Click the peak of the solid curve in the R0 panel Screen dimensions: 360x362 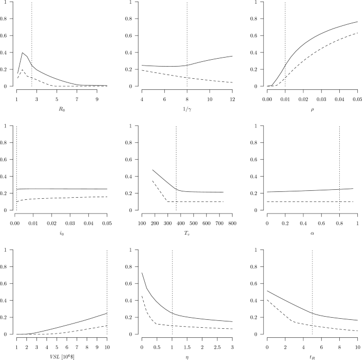coord(22,52)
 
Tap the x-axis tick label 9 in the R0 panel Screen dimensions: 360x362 coord(97,98)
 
